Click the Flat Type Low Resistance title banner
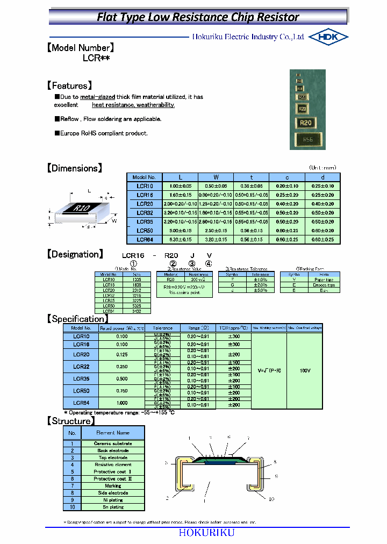coord(198,17)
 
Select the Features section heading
coord(70,85)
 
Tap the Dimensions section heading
coord(74,168)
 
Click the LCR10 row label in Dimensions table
coord(145,185)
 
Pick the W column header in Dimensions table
coord(216,177)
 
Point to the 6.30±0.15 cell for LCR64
coord(180,239)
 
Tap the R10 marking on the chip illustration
coord(82,208)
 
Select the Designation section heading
coord(75,254)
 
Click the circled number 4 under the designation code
coord(209,263)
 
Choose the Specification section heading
coord(78,319)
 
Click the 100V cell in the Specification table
coord(304,370)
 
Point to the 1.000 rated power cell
coord(122,403)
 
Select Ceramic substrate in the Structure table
coord(112,443)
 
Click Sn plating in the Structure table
coord(112,507)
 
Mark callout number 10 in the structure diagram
coord(271,499)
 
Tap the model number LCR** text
coord(96,58)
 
